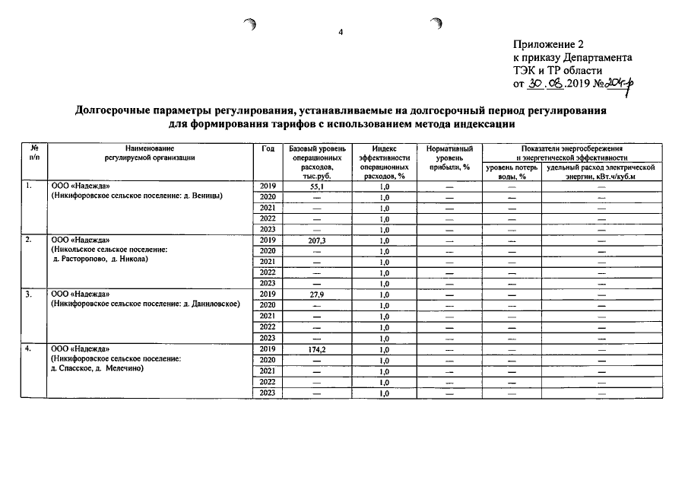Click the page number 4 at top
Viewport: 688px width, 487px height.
341,32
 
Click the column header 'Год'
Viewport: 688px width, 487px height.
267,148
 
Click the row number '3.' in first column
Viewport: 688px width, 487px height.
28,294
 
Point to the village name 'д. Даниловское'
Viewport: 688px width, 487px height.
212,304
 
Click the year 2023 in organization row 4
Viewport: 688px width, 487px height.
267,392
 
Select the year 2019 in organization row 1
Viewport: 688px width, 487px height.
267,186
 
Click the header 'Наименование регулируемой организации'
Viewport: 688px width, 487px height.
151,153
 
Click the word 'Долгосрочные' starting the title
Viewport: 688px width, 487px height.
122,111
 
